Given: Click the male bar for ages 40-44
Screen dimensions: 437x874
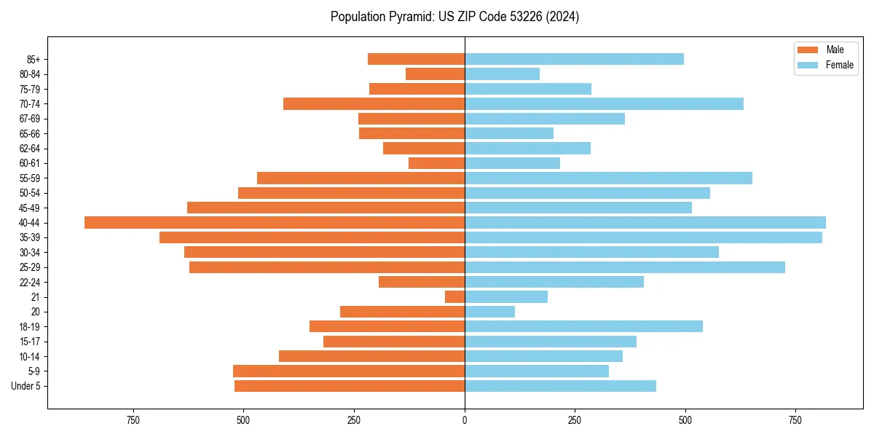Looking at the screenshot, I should point(275,223).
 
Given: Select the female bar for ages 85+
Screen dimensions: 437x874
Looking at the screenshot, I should point(574,59).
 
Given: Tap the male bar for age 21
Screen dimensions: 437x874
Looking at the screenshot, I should point(455,297).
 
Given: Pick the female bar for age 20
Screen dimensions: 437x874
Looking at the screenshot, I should point(489,312).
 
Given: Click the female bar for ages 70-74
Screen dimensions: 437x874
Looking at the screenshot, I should point(604,104).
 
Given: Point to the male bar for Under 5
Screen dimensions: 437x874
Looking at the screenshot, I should point(350,386).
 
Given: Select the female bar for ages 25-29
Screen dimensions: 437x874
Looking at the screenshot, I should point(625,267).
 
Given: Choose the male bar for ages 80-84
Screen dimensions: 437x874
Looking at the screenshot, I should point(436,74).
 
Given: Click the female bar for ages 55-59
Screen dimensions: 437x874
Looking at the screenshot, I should point(608,178).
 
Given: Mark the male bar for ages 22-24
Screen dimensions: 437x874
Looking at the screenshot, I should point(422,282).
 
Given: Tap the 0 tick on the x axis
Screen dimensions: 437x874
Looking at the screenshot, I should point(465,420).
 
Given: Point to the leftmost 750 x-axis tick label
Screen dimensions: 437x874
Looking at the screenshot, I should point(133,420).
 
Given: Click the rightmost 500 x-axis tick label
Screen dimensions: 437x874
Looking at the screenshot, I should point(685,420).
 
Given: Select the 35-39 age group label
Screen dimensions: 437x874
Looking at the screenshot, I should point(29,237).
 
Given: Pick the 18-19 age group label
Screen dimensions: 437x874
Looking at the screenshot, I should point(29,327).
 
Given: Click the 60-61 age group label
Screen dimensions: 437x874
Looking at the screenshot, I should point(29,163).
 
